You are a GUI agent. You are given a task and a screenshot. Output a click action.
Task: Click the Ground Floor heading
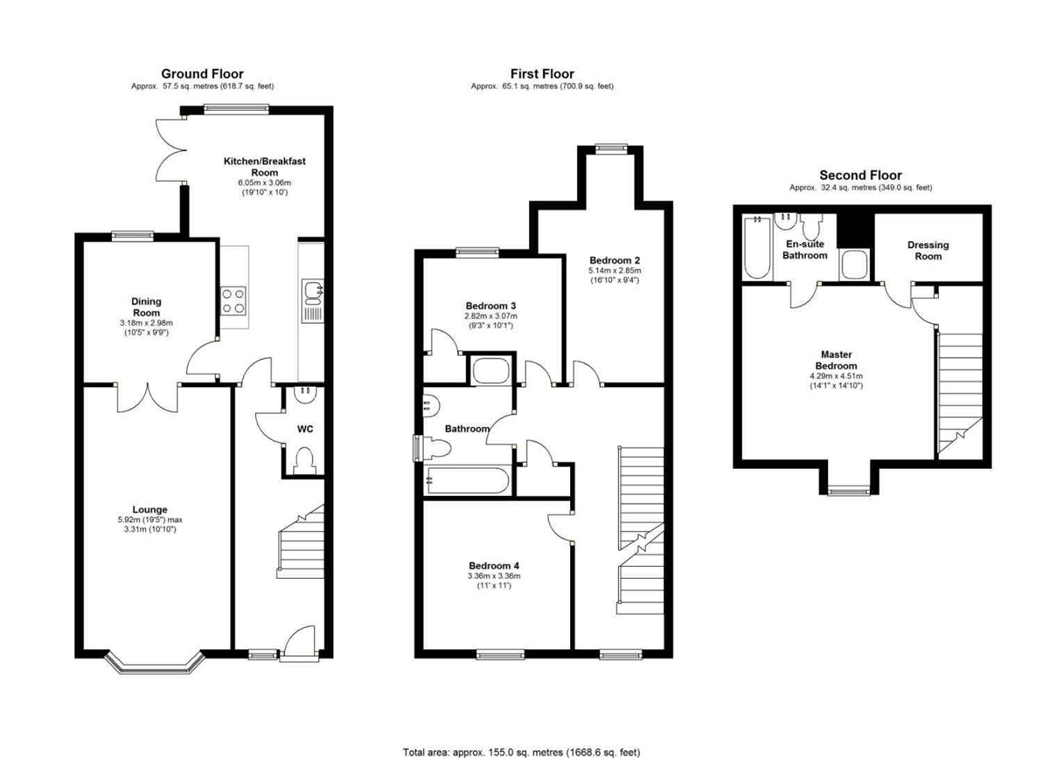[x=202, y=73]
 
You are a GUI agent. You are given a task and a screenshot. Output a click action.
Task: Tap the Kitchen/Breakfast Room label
[x=265, y=167]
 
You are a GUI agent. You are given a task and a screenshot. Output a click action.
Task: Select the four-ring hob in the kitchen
[x=233, y=301]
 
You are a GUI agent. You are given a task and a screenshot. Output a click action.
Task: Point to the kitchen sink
[x=312, y=300]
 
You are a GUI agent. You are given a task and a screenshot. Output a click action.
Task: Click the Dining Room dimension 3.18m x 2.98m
[x=146, y=323]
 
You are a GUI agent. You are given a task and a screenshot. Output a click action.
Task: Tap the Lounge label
[x=149, y=509]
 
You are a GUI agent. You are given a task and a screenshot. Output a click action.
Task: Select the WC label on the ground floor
[x=305, y=429]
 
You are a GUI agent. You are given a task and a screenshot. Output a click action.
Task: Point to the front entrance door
[x=298, y=642]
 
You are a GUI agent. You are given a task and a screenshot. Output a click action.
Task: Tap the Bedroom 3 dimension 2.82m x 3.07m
[x=491, y=316]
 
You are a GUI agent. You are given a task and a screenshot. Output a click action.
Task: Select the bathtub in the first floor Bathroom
[x=468, y=480]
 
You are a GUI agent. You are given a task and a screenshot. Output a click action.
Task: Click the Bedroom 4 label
[x=493, y=565]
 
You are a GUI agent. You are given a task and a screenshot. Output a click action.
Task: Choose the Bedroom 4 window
[x=501, y=655]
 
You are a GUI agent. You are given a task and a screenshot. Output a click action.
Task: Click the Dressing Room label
[x=928, y=250]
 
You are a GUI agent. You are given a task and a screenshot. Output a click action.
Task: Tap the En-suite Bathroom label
[x=805, y=250]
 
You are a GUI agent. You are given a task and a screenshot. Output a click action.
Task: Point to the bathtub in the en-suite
[x=757, y=248]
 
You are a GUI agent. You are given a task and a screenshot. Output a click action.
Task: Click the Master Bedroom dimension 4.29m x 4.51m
[x=836, y=376]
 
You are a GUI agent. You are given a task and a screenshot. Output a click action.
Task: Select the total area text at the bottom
[x=521, y=739]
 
